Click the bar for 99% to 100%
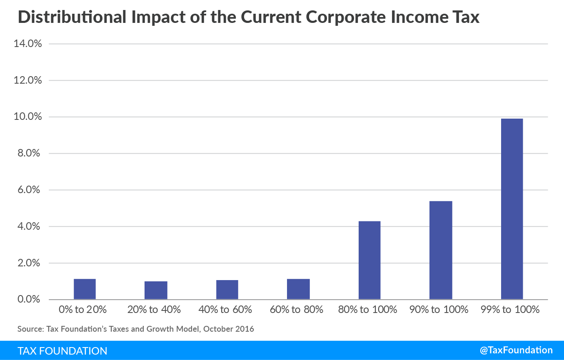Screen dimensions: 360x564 point(512,209)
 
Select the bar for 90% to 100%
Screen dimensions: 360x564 point(441,250)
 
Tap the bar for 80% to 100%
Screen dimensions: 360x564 point(369,260)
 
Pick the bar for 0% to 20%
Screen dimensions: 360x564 point(85,289)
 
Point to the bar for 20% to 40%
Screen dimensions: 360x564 point(156,290)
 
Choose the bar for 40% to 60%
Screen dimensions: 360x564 point(227,290)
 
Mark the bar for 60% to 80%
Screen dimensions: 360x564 point(298,289)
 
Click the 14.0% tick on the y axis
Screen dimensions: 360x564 point(28,44)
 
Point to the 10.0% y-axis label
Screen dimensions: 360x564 point(28,117)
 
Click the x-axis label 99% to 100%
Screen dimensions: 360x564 point(512,310)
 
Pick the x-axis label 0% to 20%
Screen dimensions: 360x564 point(85,310)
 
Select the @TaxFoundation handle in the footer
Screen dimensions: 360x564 point(516,350)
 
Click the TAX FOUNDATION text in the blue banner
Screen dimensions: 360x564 point(62,351)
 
